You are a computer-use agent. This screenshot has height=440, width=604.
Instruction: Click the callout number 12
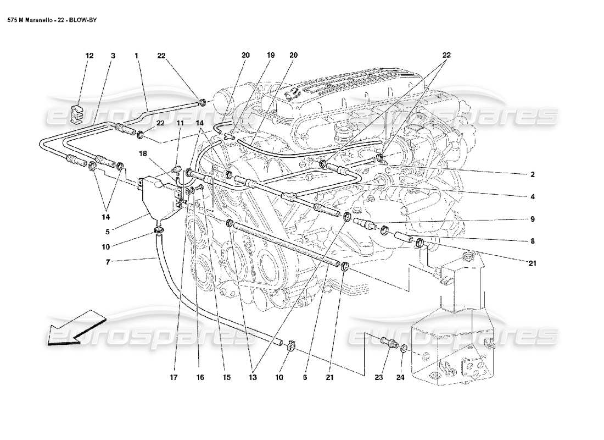[x=89, y=56]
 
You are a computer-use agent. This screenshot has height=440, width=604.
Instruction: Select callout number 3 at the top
[x=113, y=56]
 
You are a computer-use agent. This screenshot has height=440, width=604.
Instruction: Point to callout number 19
[x=270, y=56]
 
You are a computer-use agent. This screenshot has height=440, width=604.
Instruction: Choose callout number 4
[x=532, y=196]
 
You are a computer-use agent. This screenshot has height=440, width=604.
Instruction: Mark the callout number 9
[x=532, y=219]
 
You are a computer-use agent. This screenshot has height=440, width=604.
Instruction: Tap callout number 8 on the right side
[x=532, y=241]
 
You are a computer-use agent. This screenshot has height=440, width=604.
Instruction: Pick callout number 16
[x=200, y=378]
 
